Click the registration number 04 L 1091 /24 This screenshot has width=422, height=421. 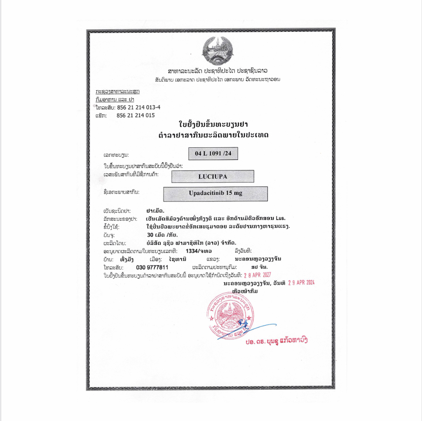pyautogui.click(x=213, y=154)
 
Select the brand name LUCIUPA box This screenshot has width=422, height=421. pyautogui.click(x=212, y=176)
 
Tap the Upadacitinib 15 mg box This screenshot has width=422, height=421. pyautogui.click(x=215, y=194)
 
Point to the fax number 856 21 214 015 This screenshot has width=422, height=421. pyautogui.click(x=136, y=116)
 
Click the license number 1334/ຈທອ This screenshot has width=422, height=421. pyautogui.click(x=200, y=251)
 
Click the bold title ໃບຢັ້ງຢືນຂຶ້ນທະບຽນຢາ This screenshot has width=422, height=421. pyautogui.click(x=213, y=124)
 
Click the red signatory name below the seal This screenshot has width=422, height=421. pyautogui.click(x=276, y=341)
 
